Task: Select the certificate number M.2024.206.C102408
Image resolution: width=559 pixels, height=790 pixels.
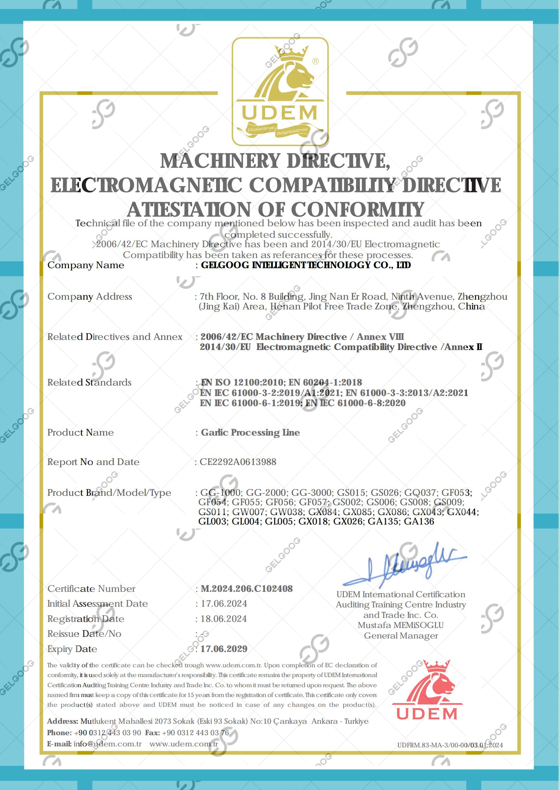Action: tap(247, 589)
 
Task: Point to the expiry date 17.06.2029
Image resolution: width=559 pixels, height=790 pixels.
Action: tap(224, 649)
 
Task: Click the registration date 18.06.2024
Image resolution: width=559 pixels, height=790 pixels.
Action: tap(224, 619)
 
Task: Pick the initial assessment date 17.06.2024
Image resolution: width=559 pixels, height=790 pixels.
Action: tap(224, 603)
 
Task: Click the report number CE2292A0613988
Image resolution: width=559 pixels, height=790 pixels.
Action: tap(238, 462)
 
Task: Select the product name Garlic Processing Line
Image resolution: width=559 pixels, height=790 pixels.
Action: tap(250, 432)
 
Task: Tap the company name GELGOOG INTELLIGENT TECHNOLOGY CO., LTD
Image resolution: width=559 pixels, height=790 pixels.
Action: tap(306, 265)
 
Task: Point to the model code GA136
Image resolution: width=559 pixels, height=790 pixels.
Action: tap(419, 521)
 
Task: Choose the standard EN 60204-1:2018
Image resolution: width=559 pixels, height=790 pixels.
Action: tap(325, 382)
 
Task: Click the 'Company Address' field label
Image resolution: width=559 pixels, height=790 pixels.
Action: tap(90, 297)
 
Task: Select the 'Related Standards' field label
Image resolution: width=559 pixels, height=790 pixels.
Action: tap(89, 382)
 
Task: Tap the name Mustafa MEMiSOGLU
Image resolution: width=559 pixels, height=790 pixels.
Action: tap(401, 625)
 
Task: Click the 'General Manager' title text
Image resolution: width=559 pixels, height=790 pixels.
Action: tap(401, 635)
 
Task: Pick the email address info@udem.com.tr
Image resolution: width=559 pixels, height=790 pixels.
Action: tap(108, 744)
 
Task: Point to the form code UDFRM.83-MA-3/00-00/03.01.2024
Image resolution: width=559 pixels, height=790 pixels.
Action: tap(450, 745)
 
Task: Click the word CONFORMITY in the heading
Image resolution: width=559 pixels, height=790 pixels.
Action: tap(358, 209)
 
